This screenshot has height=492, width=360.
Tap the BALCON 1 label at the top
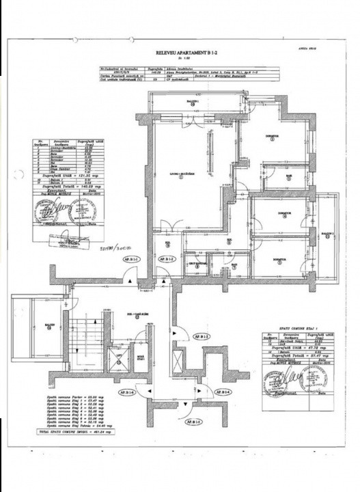(193, 102)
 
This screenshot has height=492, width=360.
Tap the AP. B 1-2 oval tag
(166, 260)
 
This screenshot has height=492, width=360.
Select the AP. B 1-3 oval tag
(201, 337)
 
